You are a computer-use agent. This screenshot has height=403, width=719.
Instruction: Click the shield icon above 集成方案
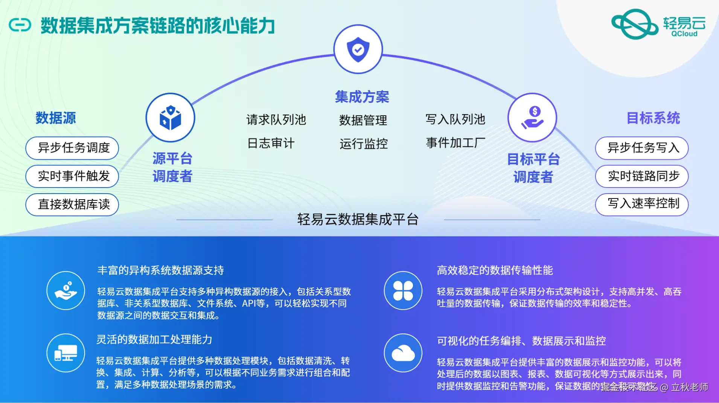358,49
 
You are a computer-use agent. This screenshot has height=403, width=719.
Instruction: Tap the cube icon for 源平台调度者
171,118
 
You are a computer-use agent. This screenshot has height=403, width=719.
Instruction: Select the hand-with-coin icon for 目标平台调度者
532,118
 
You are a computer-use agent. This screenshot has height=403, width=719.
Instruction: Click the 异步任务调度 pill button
72,148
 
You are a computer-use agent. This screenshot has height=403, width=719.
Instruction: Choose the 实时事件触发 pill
72,176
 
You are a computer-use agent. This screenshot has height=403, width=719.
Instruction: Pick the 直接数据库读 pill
72,205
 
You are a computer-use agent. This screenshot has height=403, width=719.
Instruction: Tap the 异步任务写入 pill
642,148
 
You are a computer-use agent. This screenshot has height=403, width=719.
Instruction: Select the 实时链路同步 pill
642,176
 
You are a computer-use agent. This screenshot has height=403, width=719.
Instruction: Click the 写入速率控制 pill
642,204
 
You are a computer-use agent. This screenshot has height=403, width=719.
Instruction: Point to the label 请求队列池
276,120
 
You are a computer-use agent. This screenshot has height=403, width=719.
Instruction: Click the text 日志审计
271,143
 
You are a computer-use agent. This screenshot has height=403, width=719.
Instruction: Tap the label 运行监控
363,144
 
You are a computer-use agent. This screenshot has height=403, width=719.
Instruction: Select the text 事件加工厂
455,143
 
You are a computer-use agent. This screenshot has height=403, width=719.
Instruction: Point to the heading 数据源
56,118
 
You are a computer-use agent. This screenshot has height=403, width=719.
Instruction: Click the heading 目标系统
653,118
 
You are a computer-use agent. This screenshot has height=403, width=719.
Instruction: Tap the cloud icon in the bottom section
403,353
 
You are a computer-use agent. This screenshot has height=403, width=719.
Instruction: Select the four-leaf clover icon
403,290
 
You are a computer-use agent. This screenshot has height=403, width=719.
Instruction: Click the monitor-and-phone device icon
66,353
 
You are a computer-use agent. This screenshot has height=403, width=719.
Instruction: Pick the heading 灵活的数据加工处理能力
154,340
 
